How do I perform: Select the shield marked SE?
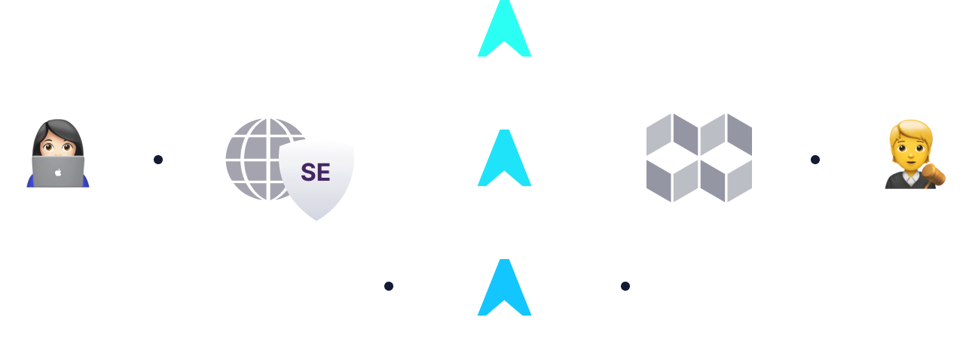316,178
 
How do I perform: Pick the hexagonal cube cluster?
699,158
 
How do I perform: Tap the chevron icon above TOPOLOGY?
505,160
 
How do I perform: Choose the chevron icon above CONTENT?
505,289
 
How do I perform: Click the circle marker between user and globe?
157,160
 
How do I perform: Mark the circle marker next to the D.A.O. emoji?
815,160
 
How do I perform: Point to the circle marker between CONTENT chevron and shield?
388,286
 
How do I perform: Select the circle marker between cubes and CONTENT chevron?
625,286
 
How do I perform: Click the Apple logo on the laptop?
58,172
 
